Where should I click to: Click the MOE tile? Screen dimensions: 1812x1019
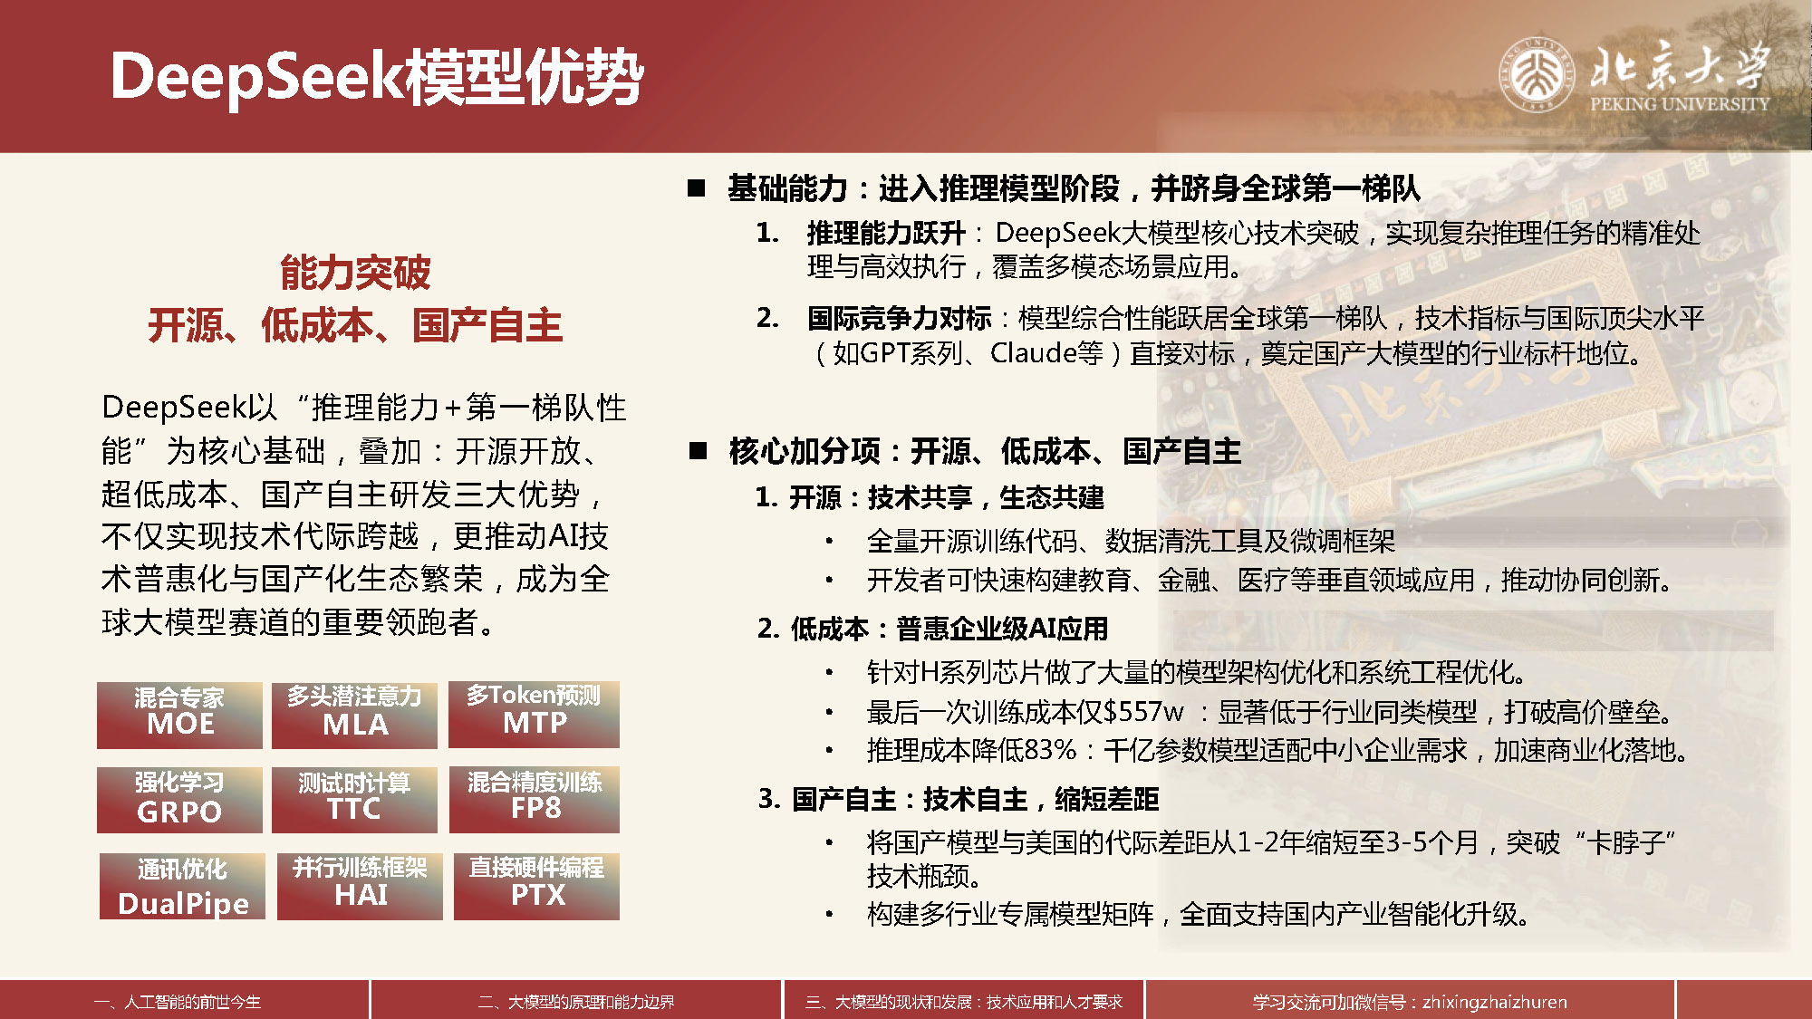[x=179, y=715]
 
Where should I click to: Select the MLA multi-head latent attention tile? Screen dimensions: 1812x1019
[x=354, y=715]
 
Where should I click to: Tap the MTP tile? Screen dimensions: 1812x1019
[x=535, y=714]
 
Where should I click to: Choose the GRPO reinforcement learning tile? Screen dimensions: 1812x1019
[x=179, y=800]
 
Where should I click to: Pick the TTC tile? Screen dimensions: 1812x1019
[x=354, y=800]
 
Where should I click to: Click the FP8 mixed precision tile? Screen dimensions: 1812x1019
[x=535, y=800]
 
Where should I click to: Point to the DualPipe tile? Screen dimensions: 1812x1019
[x=182, y=886]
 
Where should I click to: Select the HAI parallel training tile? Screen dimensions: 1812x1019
[x=360, y=886]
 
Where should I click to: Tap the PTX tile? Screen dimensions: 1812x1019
[x=536, y=886]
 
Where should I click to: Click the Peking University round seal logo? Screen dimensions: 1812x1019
[x=1537, y=73]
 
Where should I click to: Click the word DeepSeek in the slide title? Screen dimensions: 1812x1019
[x=256, y=76]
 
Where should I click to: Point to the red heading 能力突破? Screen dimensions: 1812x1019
[x=355, y=272]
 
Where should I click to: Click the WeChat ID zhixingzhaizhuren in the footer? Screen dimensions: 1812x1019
[x=1495, y=1002]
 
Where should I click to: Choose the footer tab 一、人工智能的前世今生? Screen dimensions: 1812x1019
[x=178, y=1002]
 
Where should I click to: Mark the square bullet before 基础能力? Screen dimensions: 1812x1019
[x=697, y=187]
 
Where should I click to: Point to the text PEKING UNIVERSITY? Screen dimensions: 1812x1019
[x=1680, y=104]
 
